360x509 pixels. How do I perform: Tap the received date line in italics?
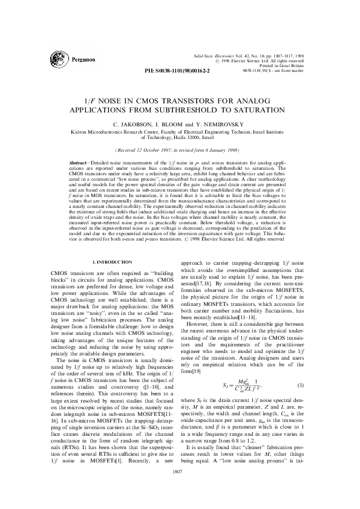click(180, 149)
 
